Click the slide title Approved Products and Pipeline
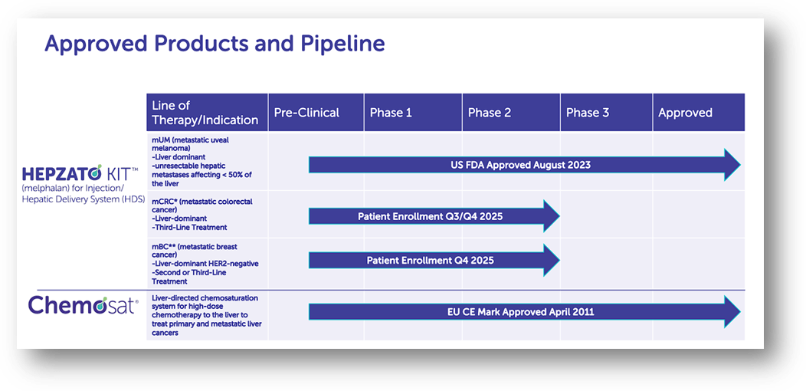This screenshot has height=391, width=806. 215,43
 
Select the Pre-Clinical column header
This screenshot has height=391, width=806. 306,113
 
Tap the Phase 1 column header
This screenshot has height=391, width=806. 391,113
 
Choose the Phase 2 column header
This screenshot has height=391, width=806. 490,113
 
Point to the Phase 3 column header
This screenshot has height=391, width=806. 588,113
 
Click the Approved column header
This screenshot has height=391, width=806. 686,113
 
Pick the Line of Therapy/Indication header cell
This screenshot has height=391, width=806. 205,113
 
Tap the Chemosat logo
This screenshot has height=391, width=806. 84,306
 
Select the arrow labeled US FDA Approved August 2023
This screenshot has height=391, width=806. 521,165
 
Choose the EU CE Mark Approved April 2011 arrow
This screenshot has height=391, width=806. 521,311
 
